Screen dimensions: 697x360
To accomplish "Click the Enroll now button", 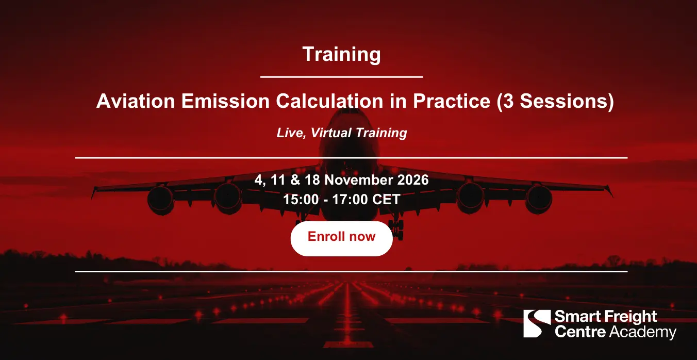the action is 341,239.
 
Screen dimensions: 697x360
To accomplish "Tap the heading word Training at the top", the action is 341,55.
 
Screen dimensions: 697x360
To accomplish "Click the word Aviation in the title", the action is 136,101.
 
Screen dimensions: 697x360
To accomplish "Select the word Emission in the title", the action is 225,101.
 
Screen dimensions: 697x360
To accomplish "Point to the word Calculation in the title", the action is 329,101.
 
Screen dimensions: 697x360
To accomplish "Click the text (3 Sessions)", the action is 555,101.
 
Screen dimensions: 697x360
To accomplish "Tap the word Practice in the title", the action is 451,101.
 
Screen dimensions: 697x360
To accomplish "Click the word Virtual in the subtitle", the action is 331,133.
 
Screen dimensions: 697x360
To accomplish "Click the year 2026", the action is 413,179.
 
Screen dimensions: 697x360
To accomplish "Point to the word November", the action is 359,179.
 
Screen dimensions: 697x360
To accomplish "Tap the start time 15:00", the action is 301,199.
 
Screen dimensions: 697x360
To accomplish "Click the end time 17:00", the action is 350,199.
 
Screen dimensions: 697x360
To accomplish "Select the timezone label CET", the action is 386,199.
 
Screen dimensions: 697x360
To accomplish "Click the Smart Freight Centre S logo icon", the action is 537,323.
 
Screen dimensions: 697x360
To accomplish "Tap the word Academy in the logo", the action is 642,332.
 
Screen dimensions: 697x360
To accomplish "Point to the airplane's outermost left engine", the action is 160,200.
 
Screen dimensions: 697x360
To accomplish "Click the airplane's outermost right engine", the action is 539,199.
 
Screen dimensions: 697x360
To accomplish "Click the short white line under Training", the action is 341,77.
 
